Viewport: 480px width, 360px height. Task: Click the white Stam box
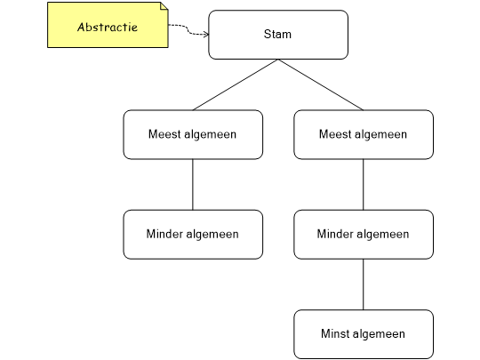pos(278,35)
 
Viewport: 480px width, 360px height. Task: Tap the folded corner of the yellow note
pos(163,7)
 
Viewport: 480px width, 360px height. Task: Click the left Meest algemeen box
pos(193,134)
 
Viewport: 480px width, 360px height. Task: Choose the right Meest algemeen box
pos(364,134)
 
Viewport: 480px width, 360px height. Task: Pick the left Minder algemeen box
pos(193,235)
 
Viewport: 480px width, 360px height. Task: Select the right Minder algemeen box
pos(364,235)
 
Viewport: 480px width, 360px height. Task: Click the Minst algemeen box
pos(364,334)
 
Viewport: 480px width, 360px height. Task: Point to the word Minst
pos(334,334)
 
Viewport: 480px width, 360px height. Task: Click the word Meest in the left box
pos(163,134)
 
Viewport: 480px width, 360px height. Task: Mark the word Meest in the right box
pos(333,134)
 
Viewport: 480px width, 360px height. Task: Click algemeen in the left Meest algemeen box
pos(209,135)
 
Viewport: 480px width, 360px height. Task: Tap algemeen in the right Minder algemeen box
pos(382,236)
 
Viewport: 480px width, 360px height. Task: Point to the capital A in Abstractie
pos(82,27)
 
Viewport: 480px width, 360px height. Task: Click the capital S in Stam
pos(268,35)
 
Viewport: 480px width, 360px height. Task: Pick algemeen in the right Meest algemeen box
pos(380,135)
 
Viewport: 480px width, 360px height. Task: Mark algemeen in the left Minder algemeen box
pos(212,236)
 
